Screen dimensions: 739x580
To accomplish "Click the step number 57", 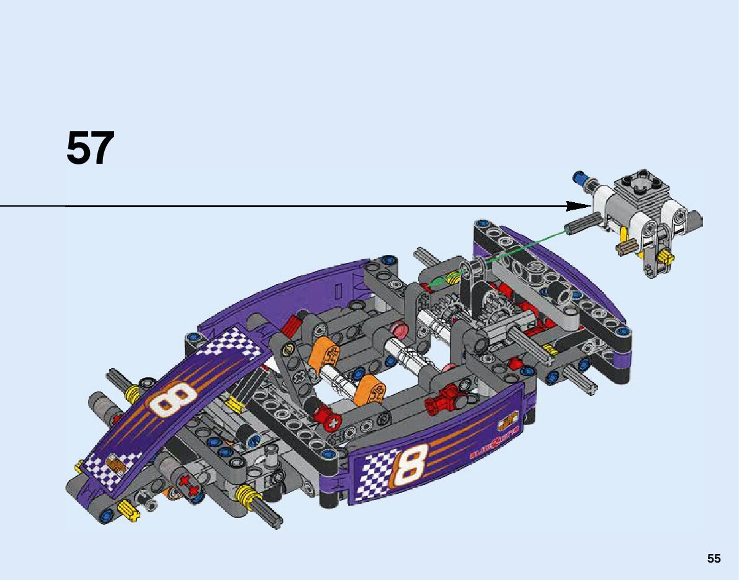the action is (x=91, y=149).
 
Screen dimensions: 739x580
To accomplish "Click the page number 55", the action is (x=714, y=558).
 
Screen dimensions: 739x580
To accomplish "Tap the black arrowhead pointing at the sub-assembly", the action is (x=580, y=206).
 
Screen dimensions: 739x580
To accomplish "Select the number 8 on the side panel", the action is (x=411, y=468).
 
